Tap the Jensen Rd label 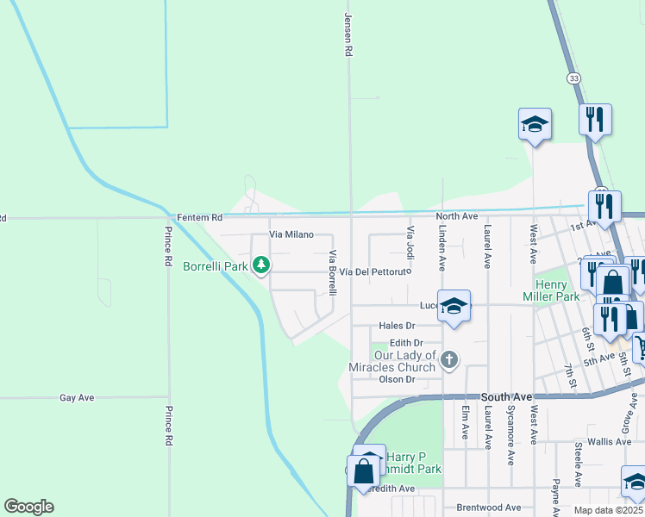[348, 34]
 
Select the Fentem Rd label [199, 217]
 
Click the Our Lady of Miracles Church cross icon [448, 359]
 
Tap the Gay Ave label [77, 398]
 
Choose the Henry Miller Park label [549, 290]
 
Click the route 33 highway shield [574, 78]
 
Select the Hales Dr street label [397, 326]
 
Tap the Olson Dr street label [398, 379]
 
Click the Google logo [28, 507]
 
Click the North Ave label [456, 216]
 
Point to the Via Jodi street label [410, 242]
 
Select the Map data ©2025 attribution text [607, 510]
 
